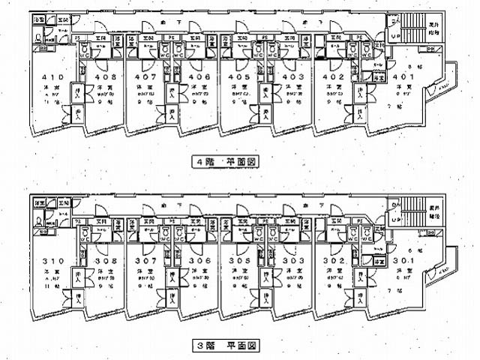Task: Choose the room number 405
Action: click(x=239, y=76)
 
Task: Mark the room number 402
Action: click(x=333, y=76)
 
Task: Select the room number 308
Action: click(x=104, y=260)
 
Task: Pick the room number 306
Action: click(x=199, y=260)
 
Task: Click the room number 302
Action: click(x=333, y=260)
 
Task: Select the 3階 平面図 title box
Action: click(x=226, y=346)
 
